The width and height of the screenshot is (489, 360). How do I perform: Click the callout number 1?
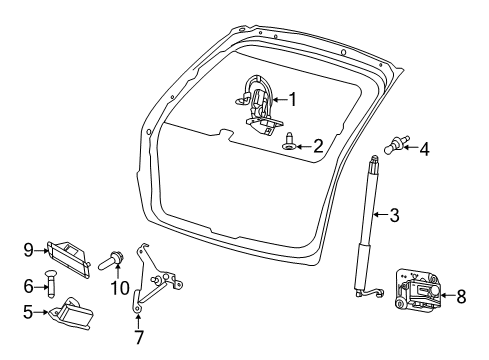click(292, 100)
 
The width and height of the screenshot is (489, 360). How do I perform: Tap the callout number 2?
click(318, 146)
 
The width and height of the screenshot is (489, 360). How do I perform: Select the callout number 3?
click(394, 215)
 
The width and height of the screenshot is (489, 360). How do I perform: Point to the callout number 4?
click(424, 149)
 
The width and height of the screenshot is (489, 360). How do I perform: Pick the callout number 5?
click(28, 312)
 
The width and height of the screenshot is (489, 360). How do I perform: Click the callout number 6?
click(28, 286)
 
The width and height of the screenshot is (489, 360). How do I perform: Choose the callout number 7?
click(138, 337)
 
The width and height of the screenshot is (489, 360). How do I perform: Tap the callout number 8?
click(461, 296)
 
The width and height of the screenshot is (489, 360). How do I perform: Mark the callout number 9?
click(29, 250)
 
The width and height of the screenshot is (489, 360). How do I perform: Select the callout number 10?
click(120, 288)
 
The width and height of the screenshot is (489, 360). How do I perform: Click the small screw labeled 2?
click(288, 141)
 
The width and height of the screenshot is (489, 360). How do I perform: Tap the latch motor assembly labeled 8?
click(418, 289)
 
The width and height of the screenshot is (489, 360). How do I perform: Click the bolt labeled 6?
click(50, 284)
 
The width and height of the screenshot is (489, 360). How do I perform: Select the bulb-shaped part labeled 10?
click(111, 261)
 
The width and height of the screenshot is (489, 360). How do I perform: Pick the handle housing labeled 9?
click(68, 259)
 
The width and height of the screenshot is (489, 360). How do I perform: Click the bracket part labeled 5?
click(71, 313)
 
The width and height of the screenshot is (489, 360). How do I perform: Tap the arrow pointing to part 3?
click(380, 215)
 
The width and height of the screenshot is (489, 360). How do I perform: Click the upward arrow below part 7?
click(138, 321)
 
